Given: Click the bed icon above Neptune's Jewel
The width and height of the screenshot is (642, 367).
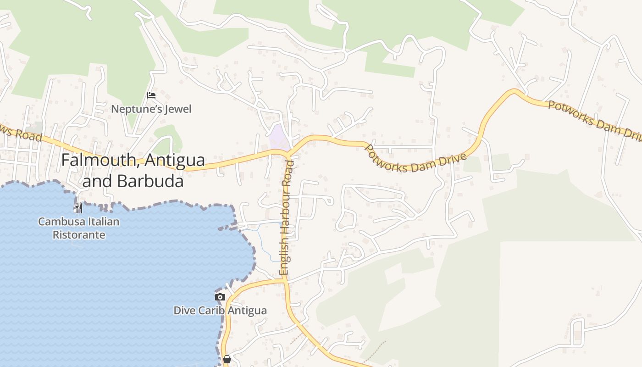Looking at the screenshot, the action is pos(151,95).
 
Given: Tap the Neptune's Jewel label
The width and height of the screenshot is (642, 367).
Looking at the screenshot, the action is pos(152,109).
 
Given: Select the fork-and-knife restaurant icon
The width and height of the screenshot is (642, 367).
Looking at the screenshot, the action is pos(79,208).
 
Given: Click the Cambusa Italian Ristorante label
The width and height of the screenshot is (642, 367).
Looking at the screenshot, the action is pos(78,228).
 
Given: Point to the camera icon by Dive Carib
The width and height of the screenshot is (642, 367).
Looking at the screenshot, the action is pos(220,297).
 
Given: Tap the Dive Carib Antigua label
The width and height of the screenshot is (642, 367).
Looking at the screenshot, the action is pos(220,311).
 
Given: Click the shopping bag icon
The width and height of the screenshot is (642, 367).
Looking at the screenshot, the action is pos(227,359).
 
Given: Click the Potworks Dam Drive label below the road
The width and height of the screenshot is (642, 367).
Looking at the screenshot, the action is pos(415,158).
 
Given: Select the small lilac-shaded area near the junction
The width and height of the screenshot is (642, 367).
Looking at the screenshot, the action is pos(278,136).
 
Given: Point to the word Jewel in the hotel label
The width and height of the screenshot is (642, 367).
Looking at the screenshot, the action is pos(177,109).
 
